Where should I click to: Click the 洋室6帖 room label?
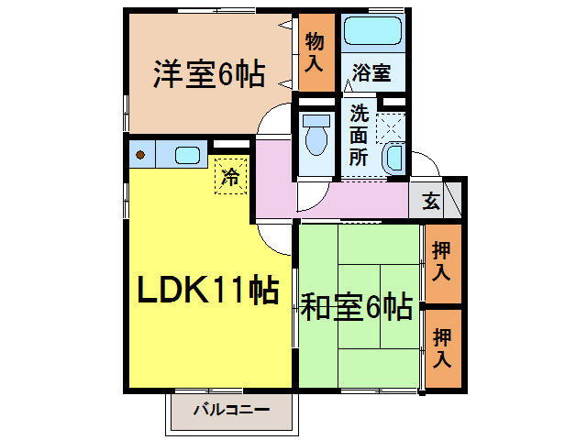(208, 74)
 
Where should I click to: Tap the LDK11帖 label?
(208, 291)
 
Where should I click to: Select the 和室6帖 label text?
(356, 307)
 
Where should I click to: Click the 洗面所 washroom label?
(359, 137)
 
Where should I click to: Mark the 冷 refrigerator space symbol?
(232, 176)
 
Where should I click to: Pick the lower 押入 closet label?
(443, 349)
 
